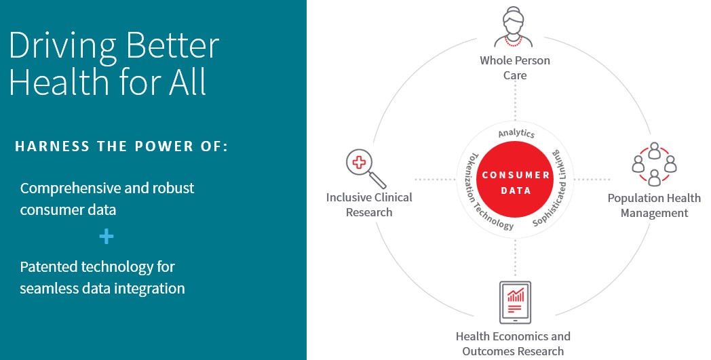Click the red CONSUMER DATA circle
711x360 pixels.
pos(516,182)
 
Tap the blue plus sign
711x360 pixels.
pos(106,237)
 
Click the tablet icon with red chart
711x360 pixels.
pos(515,302)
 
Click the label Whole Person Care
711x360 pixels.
pos(515,68)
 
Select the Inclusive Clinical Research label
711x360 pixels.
pos(369,205)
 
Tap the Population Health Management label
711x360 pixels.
pos(653,205)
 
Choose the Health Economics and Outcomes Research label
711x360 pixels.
pos(513,343)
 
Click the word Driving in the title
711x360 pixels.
pos(60,46)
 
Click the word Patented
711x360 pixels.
pos(51,266)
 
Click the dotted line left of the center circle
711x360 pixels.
pos(434,180)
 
